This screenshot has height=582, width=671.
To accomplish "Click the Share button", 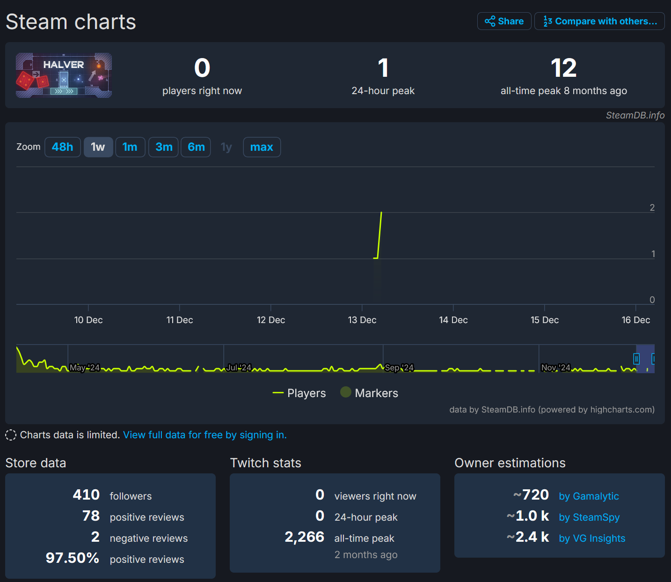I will click(504, 21).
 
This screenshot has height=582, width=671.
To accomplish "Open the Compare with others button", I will click(599, 21).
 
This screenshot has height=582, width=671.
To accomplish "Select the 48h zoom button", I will click(63, 147).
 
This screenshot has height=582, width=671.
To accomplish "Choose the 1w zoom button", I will click(98, 147).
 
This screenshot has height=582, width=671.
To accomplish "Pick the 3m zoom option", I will click(164, 147).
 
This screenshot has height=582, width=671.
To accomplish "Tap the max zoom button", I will click(262, 147).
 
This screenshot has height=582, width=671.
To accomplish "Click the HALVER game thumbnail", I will click(64, 75).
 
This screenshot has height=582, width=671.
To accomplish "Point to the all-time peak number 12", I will click(563, 68).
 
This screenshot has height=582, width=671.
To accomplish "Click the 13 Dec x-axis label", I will click(362, 320).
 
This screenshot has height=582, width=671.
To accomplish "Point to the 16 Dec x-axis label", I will click(635, 320).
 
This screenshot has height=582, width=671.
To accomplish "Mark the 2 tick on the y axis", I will click(652, 207).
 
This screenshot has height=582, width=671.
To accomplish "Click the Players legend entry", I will click(299, 393).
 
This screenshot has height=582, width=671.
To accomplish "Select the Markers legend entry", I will click(369, 393).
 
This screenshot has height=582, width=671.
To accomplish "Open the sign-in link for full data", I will click(204, 435).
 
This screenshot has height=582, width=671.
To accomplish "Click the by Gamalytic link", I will click(589, 496).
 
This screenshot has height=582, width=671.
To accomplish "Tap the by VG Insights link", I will click(592, 538).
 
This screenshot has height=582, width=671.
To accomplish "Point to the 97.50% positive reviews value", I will click(73, 558).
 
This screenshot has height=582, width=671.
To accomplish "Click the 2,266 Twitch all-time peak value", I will click(305, 537).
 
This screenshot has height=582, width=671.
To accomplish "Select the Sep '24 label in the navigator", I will click(399, 368).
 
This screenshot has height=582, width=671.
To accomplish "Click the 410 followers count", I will click(87, 495).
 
